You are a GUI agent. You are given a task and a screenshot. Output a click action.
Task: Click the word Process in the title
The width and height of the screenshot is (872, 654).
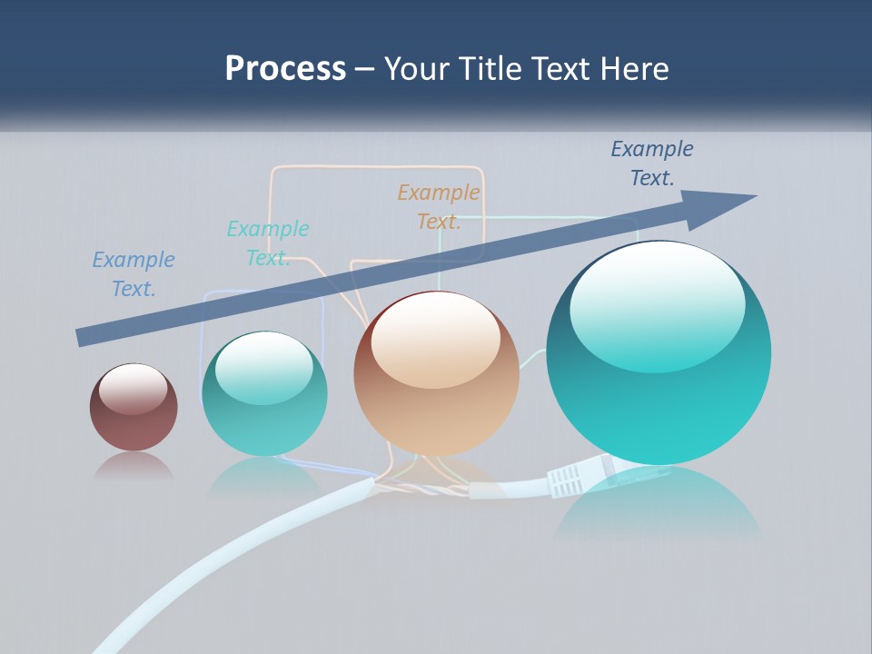[285, 69]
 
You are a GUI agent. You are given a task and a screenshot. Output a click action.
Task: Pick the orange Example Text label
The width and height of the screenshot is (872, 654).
[439, 207]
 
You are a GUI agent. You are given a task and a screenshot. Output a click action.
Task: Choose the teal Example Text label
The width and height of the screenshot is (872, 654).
[268, 243]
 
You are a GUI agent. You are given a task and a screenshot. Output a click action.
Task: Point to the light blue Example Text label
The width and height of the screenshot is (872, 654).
[134, 274]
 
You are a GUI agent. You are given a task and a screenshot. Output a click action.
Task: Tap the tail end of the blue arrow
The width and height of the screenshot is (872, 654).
[84, 336]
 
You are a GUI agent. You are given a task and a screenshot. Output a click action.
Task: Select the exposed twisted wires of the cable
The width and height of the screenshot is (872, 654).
[418, 489]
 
